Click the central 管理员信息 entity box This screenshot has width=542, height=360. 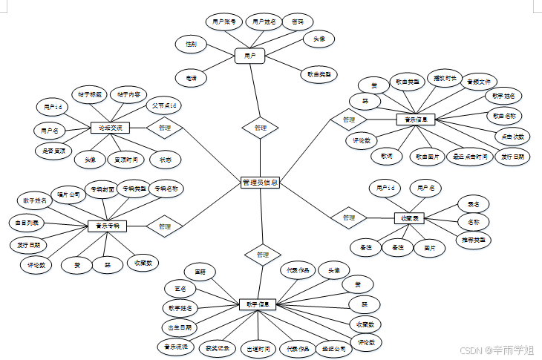261,182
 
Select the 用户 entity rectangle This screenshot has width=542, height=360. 249,55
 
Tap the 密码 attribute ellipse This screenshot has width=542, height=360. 297,22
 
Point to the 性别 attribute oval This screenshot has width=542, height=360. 191,45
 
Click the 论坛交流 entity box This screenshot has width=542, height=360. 110,128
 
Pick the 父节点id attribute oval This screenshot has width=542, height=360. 162,105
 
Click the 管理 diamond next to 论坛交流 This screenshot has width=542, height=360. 164,128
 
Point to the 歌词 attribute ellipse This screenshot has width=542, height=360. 387,157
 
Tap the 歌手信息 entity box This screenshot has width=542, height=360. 258,304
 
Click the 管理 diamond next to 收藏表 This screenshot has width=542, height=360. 349,217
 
